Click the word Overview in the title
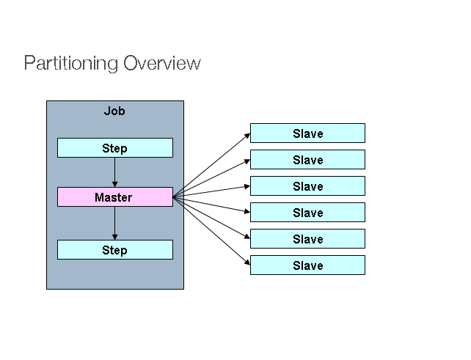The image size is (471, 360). coord(162,63)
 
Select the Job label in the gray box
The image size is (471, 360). coord(114,111)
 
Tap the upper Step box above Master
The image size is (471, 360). coord(115,148)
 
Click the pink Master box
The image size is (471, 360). coord(115,197)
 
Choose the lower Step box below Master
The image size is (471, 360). coord(115,250)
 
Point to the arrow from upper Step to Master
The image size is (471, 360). coord(115,172)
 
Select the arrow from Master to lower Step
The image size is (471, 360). coord(115,223)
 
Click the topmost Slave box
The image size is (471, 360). coord(307,133)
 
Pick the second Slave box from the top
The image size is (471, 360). coord(307,160)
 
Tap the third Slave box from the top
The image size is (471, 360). coord(307,186)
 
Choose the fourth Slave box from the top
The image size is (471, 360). coord(307,213)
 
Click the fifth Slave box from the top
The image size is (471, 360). coord(307,239)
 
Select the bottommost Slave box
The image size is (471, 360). coord(307,265)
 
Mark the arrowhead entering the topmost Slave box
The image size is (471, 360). coord(247,136)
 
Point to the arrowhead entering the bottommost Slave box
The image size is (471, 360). coord(247,262)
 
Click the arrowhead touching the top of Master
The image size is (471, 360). coord(115,184)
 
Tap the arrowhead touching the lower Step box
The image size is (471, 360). coord(115,237)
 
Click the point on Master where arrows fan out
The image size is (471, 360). coord(173,196)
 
